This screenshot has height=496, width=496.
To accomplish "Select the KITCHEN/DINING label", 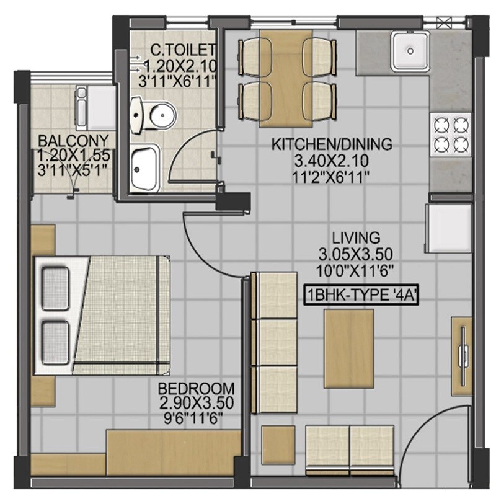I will (x=332, y=144).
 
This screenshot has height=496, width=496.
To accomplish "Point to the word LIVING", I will (x=356, y=237).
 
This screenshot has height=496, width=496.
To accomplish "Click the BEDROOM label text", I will (x=196, y=389).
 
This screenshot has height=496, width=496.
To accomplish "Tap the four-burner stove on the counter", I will (x=450, y=135).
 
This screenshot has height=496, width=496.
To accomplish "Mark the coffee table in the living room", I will (x=349, y=340).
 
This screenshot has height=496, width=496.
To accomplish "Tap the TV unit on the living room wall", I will (x=462, y=351).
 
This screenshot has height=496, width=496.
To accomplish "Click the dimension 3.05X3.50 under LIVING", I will (x=356, y=254).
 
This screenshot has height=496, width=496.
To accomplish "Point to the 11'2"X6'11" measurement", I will (x=332, y=175).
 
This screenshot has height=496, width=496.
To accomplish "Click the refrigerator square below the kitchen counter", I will (x=448, y=226).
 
